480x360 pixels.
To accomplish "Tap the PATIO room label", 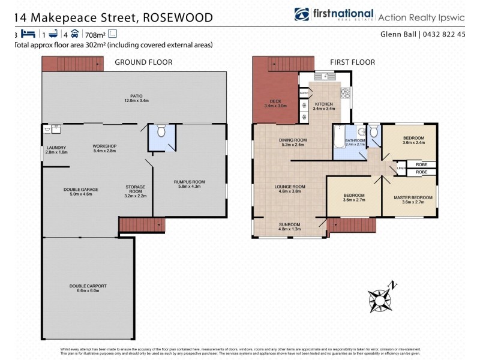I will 136,98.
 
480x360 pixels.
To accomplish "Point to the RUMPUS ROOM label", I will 190,184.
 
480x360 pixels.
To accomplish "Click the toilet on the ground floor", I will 160,132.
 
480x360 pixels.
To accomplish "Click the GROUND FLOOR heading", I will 143,62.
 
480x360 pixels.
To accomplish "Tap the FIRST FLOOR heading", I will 353,62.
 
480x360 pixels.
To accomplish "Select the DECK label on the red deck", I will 275,103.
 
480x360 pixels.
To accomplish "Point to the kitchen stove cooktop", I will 346,93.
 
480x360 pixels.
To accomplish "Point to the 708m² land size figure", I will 95,34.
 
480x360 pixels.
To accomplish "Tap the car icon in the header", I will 74,34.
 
